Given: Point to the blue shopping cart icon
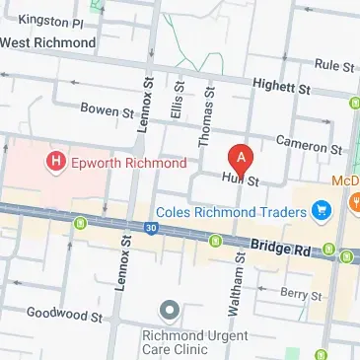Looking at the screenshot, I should pos(320,209).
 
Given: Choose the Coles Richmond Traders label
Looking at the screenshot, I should pos(233,209).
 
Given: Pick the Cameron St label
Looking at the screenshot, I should pos(309,144).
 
